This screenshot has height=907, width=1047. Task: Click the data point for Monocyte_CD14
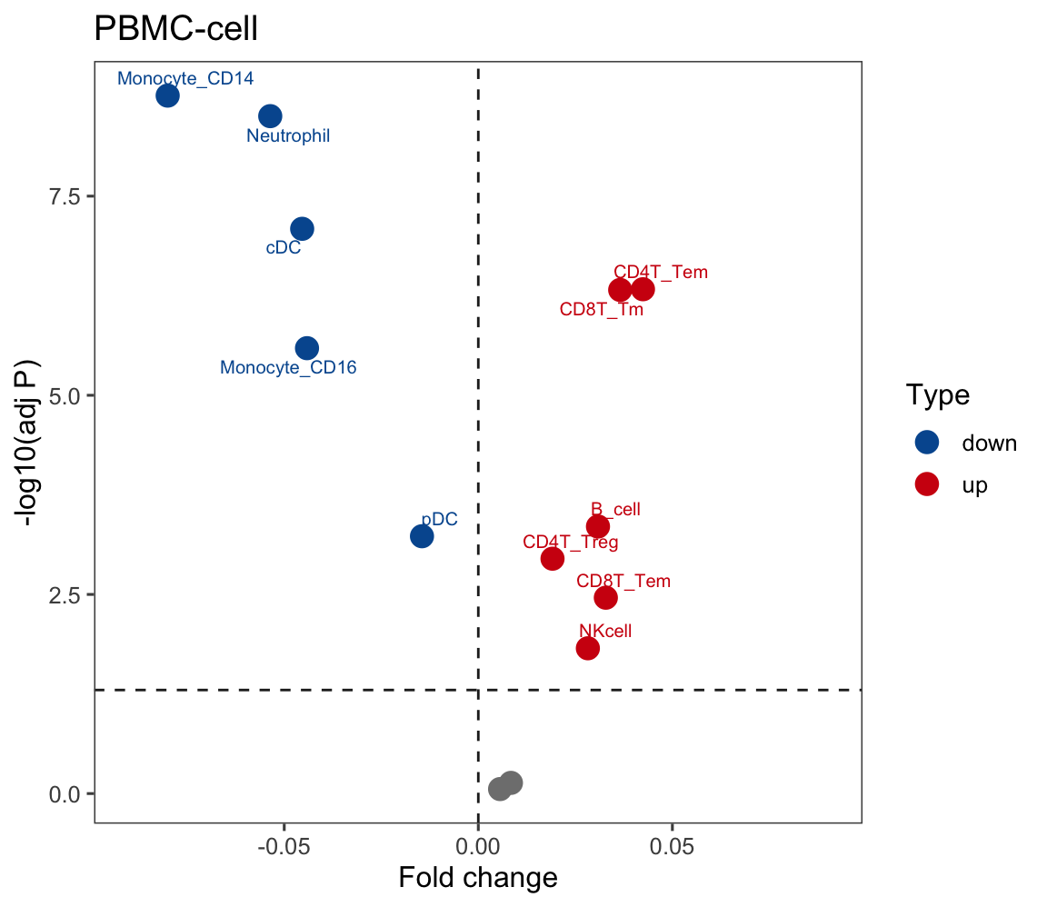coord(167,95)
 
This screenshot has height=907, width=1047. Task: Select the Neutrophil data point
coord(270,115)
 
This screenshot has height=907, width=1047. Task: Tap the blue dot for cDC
coord(302,228)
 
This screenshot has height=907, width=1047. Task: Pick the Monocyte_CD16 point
coord(307,347)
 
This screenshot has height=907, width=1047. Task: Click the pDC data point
coord(422,536)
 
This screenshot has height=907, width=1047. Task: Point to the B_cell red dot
coord(598,526)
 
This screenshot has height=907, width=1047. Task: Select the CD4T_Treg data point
coord(553,558)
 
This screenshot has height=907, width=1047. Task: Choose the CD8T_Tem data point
coord(605,597)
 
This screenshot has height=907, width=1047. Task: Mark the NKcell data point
coord(588,648)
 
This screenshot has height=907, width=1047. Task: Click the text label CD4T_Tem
coord(661,272)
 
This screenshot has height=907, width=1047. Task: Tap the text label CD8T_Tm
coord(602,310)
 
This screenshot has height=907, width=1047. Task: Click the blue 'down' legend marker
coord(927,443)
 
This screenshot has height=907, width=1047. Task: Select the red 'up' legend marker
coord(927,484)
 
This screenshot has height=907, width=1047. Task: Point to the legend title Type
coord(937,395)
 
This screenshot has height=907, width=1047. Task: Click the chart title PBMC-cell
coord(176,29)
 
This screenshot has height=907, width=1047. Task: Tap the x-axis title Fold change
coord(478,878)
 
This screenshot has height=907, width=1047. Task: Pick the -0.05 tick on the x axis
coord(284,849)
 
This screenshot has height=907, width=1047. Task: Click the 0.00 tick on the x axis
coord(478,849)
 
